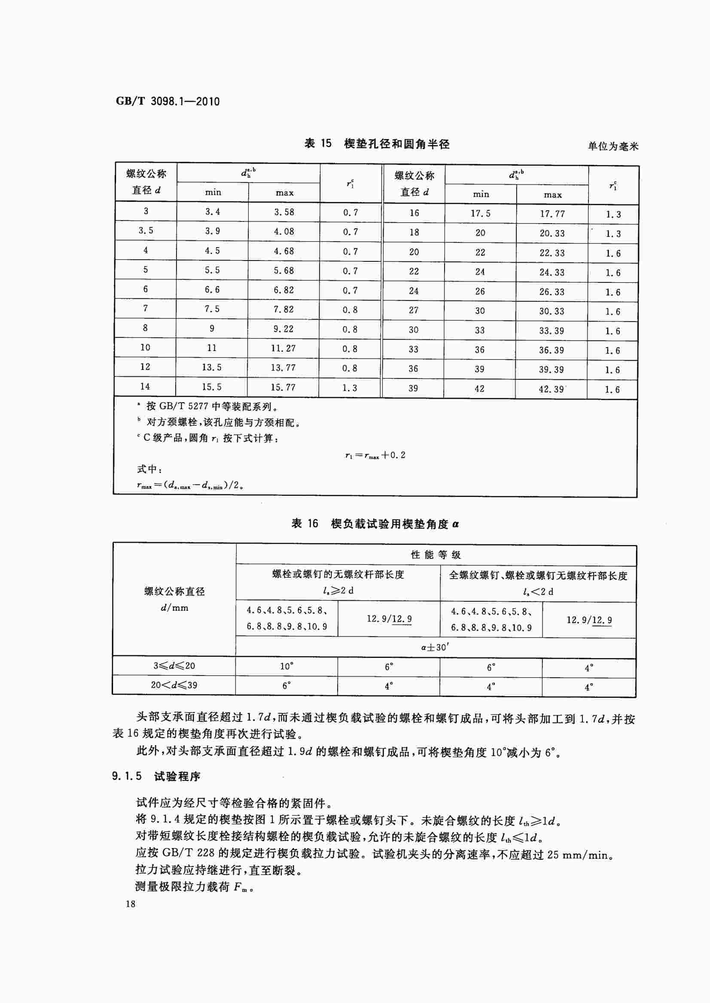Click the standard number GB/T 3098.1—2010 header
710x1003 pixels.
click(x=168, y=101)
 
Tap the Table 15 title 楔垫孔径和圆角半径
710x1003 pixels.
click(x=377, y=144)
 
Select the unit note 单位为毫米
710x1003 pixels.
click(x=613, y=146)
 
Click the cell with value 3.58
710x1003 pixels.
click(x=284, y=212)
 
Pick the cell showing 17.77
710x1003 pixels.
click(x=552, y=214)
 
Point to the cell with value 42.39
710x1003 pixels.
click(x=552, y=389)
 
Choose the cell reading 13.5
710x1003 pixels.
click(x=212, y=367)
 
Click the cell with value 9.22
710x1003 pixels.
click(x=283, y=329)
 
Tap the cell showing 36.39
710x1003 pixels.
click(x=552, y=350)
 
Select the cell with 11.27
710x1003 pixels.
click(x=283, y=348)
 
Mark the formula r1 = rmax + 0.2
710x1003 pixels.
click(x=375, y=455)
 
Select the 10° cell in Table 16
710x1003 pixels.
click(x=287, y=666)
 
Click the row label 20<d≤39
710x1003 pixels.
click(x=174, y=685)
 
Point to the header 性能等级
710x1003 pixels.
click(x=436, y=555)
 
